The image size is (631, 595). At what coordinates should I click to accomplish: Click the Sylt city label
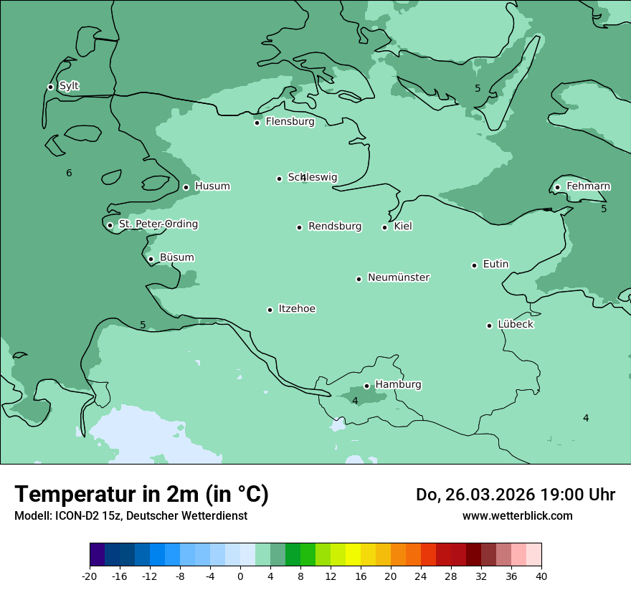click(69, 86)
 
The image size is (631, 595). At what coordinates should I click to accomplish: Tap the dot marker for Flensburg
click(257, 123)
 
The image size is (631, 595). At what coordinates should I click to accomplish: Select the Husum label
click(212, 186)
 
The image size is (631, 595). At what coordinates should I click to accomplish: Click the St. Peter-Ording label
click(158, 224)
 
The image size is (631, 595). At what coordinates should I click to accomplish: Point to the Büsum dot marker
click(151, 259)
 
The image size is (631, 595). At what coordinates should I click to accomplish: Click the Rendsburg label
click(335, 227)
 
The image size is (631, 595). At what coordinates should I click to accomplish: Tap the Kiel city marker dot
click(384, 227)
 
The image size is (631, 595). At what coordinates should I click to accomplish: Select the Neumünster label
click(399, 277)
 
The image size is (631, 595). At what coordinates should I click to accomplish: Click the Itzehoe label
click(297, 309)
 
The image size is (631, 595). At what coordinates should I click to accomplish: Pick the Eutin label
click(495, 265)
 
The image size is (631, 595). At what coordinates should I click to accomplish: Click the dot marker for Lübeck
click(489, 325)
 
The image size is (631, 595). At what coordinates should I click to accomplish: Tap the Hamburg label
click(398, 385)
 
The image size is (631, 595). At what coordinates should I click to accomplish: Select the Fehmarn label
click(588, 186)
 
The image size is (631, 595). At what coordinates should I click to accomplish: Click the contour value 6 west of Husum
click(69, 173)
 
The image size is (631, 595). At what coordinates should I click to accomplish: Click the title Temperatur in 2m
click(141, 494)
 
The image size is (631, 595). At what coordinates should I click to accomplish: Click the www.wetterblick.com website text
click(517, 515)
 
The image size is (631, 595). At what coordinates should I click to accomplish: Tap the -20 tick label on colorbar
click(90, 576)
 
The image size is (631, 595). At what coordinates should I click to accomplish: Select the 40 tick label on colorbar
click(541, 576)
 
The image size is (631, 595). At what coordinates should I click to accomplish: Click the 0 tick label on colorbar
click(240, 576)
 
